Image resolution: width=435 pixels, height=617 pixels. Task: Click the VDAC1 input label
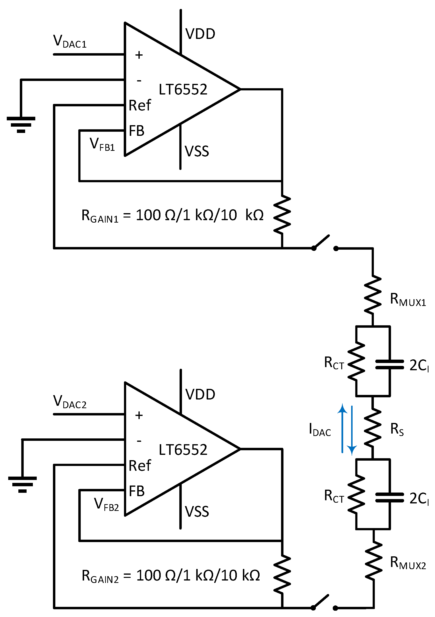point(70,41)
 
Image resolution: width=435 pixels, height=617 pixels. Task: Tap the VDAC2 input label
point(70,402)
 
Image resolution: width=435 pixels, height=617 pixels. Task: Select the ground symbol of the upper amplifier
point(21,125)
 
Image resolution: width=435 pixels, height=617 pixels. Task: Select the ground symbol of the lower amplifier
point(22,485)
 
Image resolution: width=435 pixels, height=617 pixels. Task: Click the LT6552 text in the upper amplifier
point(183,89)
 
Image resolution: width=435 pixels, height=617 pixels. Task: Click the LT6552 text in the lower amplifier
point(183,450)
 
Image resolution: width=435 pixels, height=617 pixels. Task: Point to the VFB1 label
point(102,145)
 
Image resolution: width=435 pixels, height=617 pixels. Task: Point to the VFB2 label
point(106,504)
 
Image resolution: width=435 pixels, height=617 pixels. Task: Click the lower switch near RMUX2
point(324,603)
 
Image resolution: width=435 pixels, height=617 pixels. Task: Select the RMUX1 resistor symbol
point(373,295)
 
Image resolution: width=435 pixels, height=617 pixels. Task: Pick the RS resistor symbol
point(373,428)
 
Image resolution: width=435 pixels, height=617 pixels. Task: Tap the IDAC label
point(320,429)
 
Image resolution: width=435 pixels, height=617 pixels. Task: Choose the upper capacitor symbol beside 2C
point(390,365)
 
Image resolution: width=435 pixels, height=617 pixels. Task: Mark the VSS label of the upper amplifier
point(197,151)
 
